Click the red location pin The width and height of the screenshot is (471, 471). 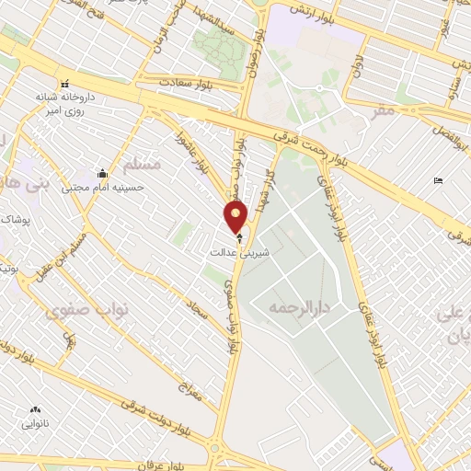coord(236,217)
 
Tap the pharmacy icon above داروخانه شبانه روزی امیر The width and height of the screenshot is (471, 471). coord(65,82)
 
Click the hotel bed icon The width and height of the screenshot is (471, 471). coord(437,180)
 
